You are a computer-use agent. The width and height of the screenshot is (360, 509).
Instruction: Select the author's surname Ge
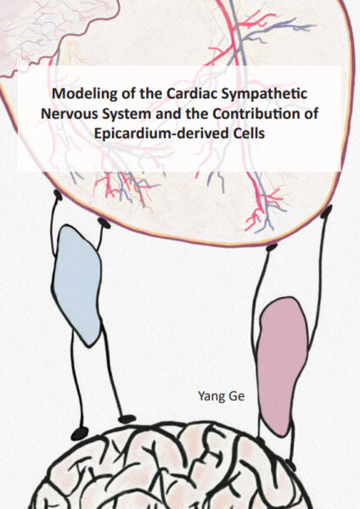[x=237, y=396]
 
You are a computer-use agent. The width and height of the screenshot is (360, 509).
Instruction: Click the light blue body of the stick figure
[x=76, y=286]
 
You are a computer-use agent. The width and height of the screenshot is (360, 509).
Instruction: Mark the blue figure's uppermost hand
[x=58, y=195]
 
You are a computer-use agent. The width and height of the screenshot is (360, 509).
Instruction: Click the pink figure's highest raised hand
[x=326, y=211]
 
